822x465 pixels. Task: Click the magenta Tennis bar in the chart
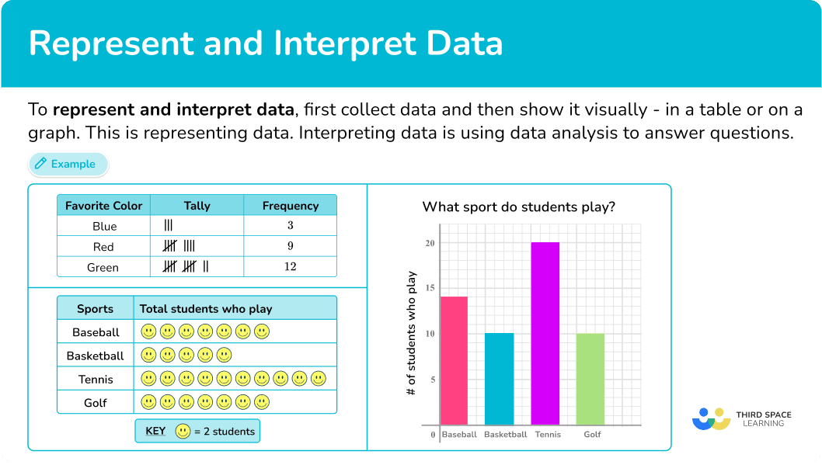(545, 334)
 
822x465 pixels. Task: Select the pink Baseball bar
(454, 361)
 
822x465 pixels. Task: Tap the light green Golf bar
(590, 379)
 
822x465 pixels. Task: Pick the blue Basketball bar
(499, 379)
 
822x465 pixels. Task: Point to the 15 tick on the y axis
(430, 288)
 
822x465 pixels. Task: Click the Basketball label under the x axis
(505, 435)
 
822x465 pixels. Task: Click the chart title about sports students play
(518, 206)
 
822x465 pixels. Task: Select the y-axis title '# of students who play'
(411, 333)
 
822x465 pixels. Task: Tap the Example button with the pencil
(68, 164)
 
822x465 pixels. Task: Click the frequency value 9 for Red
(291, 245)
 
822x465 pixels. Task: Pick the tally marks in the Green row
(186, 266)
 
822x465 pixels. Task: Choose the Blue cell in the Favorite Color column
(104, 226)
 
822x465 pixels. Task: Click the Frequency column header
(291, 206)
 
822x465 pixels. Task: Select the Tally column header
(197, 206)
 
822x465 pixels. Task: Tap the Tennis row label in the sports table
(96, 379)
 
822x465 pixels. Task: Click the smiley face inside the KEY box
(183, 431)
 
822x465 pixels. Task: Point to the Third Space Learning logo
(741, 419)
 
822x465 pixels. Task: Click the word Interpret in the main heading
(346, 43)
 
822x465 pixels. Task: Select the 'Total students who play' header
(205, 309)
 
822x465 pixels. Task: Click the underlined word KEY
(155, 431)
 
